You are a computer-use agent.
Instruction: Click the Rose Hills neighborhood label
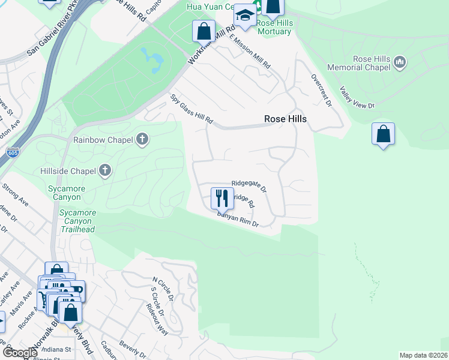285,119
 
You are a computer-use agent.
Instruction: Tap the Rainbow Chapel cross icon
142,140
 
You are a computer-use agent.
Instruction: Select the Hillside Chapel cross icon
104,171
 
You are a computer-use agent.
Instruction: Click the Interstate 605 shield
13,153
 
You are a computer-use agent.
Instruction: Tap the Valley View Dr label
357,97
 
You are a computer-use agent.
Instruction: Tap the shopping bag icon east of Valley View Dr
383,134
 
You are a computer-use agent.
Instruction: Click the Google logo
20,353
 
